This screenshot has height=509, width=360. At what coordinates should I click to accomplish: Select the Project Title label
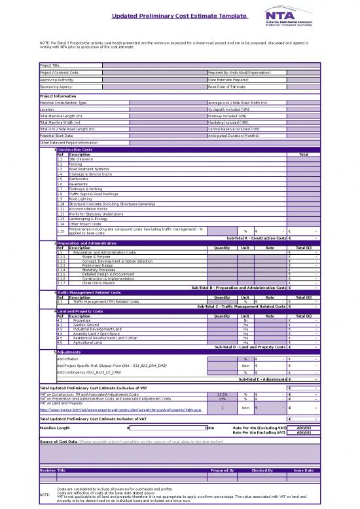click(50, 65)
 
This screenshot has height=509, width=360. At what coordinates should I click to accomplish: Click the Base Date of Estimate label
click(226, 86)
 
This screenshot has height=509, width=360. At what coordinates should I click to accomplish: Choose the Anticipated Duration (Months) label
click(233, 135)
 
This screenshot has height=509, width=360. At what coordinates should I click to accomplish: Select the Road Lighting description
click(81, 198)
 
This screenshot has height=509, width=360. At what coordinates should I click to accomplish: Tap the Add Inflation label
click(69, 359)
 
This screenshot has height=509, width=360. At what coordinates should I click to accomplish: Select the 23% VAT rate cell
click(223, 398)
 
